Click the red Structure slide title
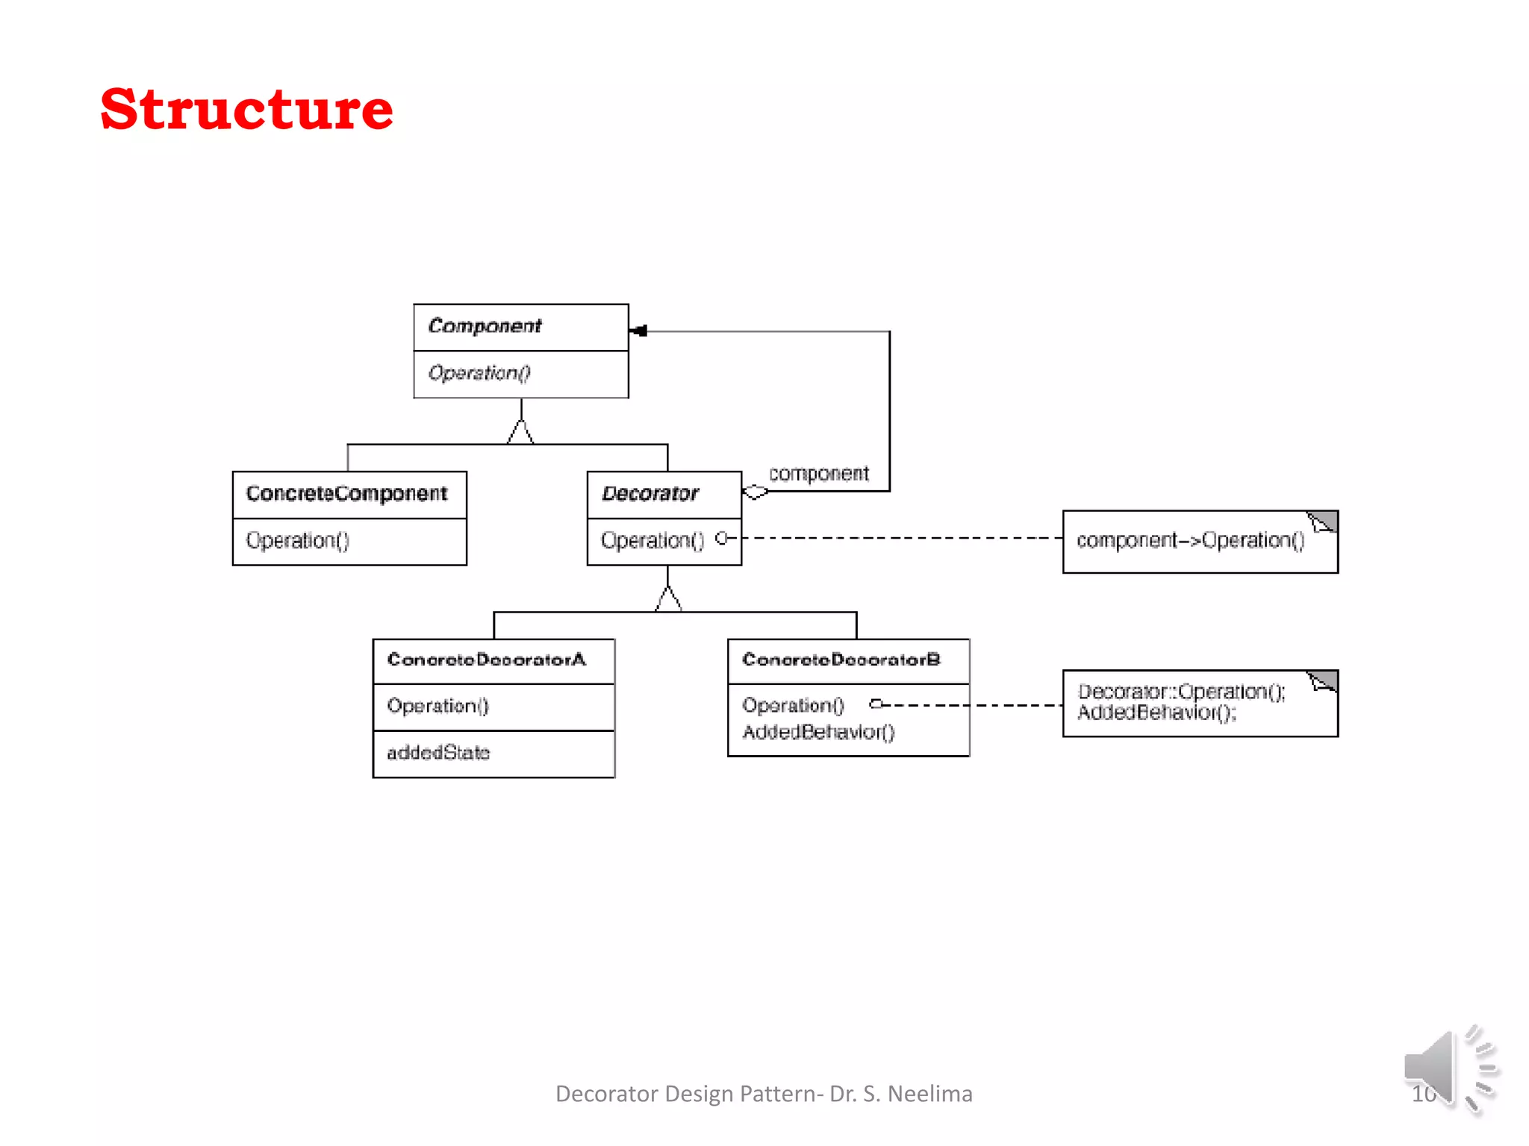[246, 109]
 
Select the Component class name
[485, 326]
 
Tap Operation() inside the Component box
[479, 372]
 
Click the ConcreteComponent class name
[346, 493]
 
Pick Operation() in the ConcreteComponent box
[298, 540]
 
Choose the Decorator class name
[650, 493]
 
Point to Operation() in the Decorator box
[653, 540]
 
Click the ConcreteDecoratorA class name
[487, 660]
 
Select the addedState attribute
[438, 753]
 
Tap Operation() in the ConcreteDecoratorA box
[437, 706]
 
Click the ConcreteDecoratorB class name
[841, 660]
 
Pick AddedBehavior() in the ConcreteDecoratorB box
[818, 732]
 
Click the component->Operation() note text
[1191, 540]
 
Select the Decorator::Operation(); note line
[1182, 692]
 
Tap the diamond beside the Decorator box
[755, 492]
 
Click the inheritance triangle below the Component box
[520, 433]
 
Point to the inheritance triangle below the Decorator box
[668, 599]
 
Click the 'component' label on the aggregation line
[819, 474]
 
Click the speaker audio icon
[1448, 1068]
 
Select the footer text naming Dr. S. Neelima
[764, 1094]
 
